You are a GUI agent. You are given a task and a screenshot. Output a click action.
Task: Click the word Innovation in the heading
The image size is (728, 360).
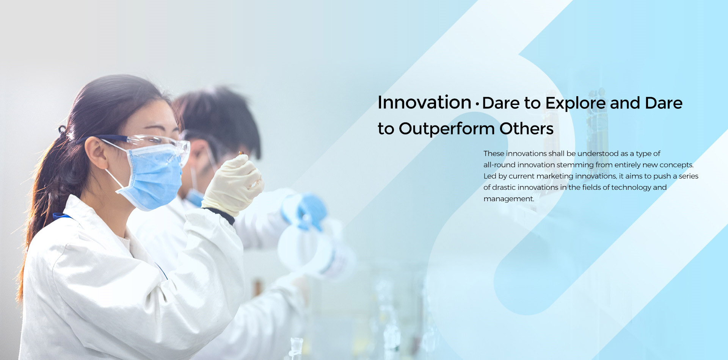[x=424, y=102]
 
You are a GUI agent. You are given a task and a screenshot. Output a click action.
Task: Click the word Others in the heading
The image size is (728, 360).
[x=526, y=128]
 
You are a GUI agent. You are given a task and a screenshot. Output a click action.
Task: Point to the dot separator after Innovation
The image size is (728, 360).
[x=477, y=104]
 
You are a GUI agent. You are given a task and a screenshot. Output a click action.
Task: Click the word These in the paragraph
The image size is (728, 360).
[x=494, y=153]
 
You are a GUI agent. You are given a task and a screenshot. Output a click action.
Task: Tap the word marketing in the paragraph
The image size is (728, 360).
[x=555, y=176]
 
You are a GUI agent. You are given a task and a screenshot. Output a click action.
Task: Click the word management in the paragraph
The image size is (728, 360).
[x=508, y=199]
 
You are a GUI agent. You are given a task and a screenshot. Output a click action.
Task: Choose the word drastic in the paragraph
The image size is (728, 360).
[x=504, y=187]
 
